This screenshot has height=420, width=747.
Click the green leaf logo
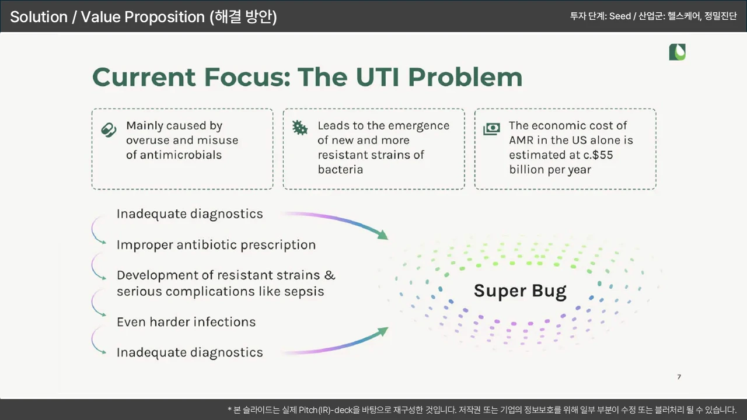[x=678, y=52]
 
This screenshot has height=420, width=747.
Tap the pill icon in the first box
[x=109, y=129]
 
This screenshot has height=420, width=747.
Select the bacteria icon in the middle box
[x=300, y=128]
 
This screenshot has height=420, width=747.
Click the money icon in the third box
[x=491, y=129]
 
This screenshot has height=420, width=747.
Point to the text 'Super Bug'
[x=520, y=291]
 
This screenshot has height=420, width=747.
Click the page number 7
[x=679, y=377]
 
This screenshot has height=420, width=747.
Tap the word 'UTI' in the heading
[x=378, y=77]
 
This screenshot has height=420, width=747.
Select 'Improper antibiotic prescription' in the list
[x=216, y=246]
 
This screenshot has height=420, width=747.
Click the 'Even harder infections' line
[x=186, y=322]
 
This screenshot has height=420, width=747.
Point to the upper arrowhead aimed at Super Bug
[x=383, y=235]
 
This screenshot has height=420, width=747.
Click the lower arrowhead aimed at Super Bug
[x=383, y=331]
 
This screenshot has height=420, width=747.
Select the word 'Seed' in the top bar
[x=620, y=16]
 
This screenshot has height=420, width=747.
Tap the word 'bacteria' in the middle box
[x=340, y=170]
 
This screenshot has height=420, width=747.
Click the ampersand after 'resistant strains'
[x=330, y=275]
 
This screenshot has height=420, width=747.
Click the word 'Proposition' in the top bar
[x=165, y=17]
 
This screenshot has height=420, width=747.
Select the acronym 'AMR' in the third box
[x=521, y=141]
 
